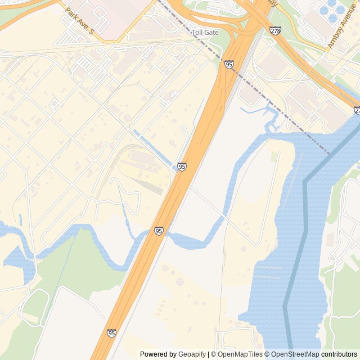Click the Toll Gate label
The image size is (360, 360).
click(205, 33)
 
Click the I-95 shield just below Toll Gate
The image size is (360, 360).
click(229, 65)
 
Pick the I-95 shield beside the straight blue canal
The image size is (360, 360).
click(182, 166)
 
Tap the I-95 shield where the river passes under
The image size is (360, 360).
click(159, 231)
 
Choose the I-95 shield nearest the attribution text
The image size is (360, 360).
click(111, 333)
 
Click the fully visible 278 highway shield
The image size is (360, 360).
click(275, 30)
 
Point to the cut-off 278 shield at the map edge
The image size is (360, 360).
click(357, 111)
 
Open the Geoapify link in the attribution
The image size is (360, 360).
click(192, 354)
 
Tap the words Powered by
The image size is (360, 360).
click(158, 354)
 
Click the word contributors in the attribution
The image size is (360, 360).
click(339, 354)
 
